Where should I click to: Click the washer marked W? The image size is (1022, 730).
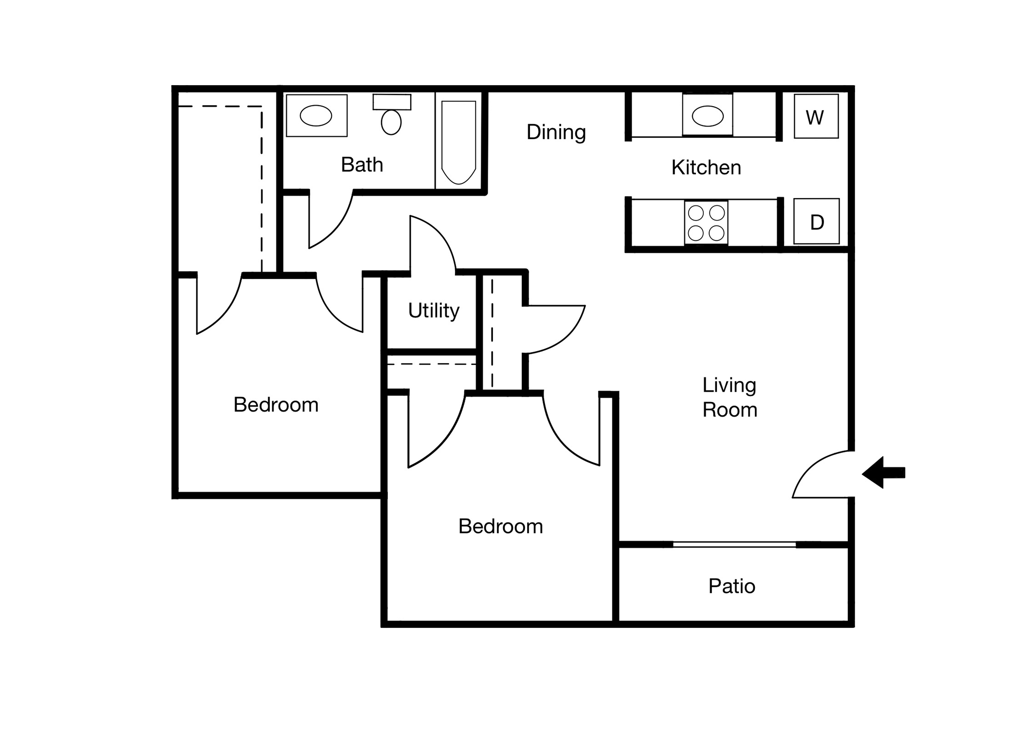[x=816, y=116]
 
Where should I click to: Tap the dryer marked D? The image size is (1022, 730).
[x=816, y=221]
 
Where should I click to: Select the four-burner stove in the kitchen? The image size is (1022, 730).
[x=706, y=222]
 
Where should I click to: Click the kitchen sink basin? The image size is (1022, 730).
[x=707, y=116]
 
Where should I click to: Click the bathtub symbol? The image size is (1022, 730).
[x=458, y=142]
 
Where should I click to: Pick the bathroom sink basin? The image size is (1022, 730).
[x=316, y=116]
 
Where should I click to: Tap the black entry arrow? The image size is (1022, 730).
[x=883, y=472]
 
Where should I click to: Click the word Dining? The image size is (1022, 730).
[x=556, y=132]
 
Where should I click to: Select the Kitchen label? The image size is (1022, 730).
[x=706, y=167]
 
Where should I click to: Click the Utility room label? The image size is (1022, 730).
[x=434, y=310]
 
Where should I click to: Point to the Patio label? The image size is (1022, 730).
[x=731, y=586]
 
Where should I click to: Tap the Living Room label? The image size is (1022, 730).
[x=730, y=397]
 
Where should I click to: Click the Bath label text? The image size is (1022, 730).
[x=362, y=164]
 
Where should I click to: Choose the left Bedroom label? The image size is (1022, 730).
[x=276, y=405]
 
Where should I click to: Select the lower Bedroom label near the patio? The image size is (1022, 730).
[x=500, y=526]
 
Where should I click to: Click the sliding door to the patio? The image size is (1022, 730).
[x=734, y=545]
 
